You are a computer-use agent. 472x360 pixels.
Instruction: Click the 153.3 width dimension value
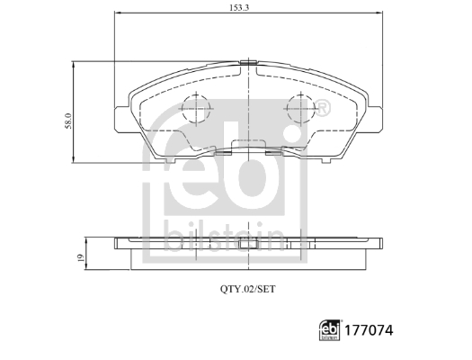coord(239,7)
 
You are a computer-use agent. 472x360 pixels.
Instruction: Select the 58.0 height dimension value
coord(69,121)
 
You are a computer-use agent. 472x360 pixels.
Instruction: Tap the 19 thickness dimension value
coord(80,258)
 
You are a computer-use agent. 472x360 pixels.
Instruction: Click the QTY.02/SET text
coord(248,289)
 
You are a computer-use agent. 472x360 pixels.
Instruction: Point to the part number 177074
coord(369,330)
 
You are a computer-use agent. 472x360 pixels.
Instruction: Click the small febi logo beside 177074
coord(329,330)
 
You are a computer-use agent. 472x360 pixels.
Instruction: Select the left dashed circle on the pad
coord(196,109)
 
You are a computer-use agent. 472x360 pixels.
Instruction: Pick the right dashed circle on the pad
coord(300,109)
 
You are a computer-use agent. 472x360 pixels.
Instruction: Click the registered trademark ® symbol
coord(322,108)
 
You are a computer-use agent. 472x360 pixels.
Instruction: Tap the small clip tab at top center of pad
coord(248,62)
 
